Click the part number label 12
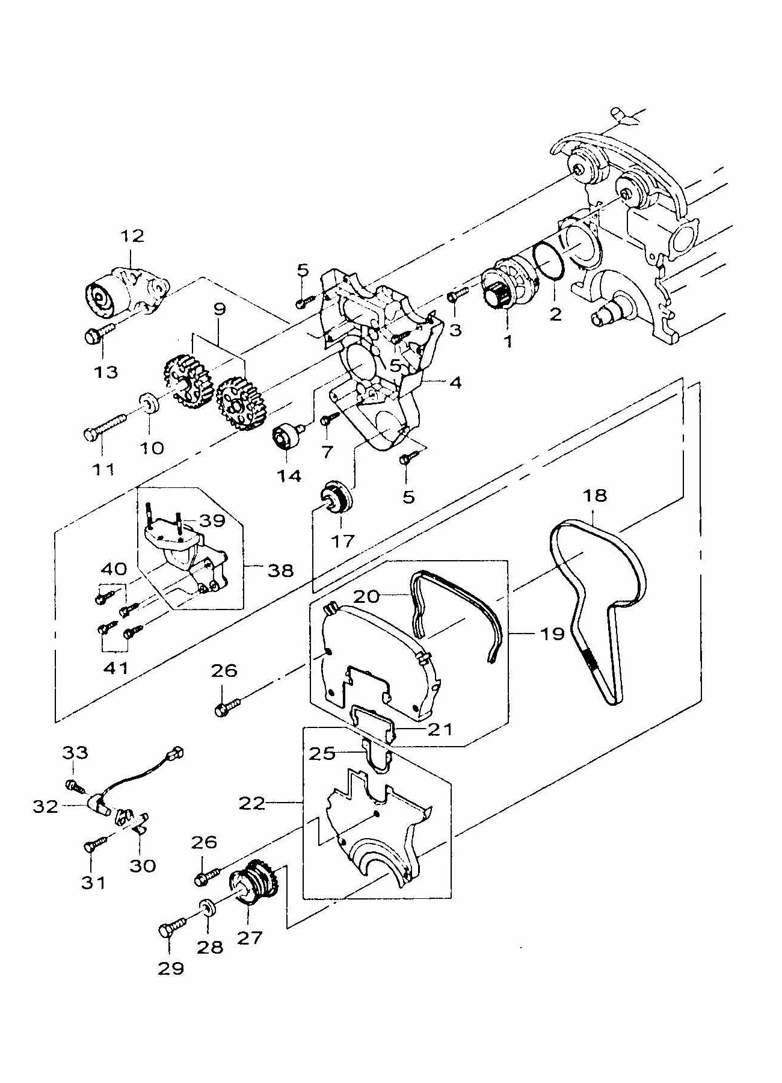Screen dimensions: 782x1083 [132, 236]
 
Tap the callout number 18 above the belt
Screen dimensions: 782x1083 [594, 496]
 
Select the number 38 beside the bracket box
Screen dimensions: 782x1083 [281, 570]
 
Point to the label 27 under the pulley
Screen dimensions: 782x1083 [250, 937]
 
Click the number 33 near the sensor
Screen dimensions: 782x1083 [75, 752]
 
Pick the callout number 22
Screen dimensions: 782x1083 [252, 803]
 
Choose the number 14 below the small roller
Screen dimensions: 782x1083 [289, 476]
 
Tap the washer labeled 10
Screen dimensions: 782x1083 [150, 403]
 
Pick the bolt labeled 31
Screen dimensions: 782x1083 [97, 842]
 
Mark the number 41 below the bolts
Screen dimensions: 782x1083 [116, 667]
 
